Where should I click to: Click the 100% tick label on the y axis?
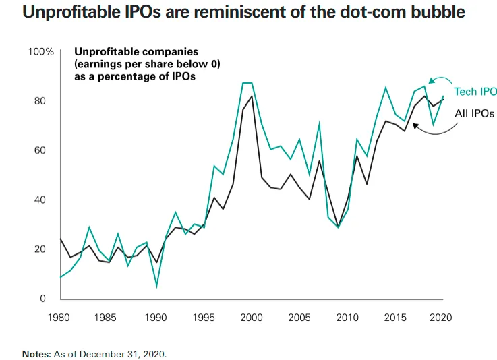(41, 52)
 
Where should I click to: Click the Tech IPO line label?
(475, 92)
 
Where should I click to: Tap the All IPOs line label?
(475, 113)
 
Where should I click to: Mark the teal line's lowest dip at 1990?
(156, 287)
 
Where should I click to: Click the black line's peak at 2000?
(252, 96)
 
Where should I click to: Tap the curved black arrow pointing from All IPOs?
(432, 129)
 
